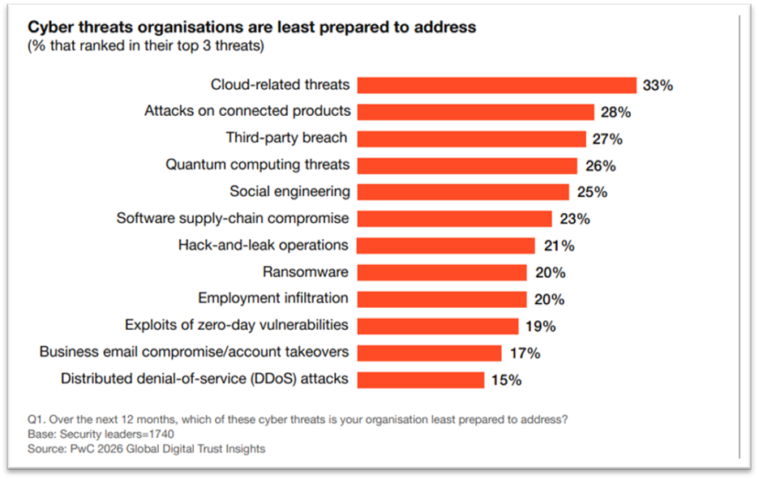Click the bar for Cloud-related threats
496,85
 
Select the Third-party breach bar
471,139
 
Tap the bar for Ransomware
441,272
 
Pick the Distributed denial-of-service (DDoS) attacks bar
420,379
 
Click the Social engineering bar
463,192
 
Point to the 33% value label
658,85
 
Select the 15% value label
505,379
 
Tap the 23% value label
574,219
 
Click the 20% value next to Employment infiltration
549,299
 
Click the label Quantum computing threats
258,165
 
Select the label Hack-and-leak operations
264,245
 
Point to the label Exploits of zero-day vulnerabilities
237,325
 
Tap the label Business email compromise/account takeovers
195,352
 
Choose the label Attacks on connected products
247,111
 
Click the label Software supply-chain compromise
233,218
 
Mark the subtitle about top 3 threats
146,46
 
